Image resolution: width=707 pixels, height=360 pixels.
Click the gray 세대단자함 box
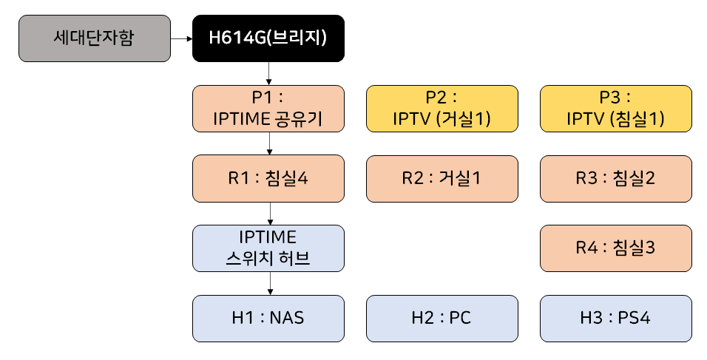tap(94, 38)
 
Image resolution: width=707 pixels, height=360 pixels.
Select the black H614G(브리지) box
tap(268, 38)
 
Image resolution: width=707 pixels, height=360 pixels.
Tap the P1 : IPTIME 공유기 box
tap(268, 108)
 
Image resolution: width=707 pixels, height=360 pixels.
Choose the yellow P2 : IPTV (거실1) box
tap(442, 108)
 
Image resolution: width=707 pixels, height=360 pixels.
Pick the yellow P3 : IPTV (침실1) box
tap(616, 108)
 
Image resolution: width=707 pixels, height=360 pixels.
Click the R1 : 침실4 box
tap(268, 178)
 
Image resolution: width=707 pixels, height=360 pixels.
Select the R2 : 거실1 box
tap(442, 178)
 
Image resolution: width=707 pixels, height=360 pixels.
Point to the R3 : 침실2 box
tap(616, 178)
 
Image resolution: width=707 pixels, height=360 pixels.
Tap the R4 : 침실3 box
tap(616, 248)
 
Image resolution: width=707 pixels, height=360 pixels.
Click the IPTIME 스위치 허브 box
tap(268, 248)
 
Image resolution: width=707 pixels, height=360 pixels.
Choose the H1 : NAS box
tap(268, 319)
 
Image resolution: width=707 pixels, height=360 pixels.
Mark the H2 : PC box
tap(442, 319)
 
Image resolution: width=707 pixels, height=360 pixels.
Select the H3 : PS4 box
tap(616, 319)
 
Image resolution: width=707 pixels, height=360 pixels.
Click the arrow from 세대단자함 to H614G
tap(181, 38)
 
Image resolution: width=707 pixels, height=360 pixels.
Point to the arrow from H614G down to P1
tap(268, 73)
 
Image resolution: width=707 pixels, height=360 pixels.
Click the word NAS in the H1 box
tap(287, 319)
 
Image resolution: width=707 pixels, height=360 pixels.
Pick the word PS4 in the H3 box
tap(635, 319)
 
